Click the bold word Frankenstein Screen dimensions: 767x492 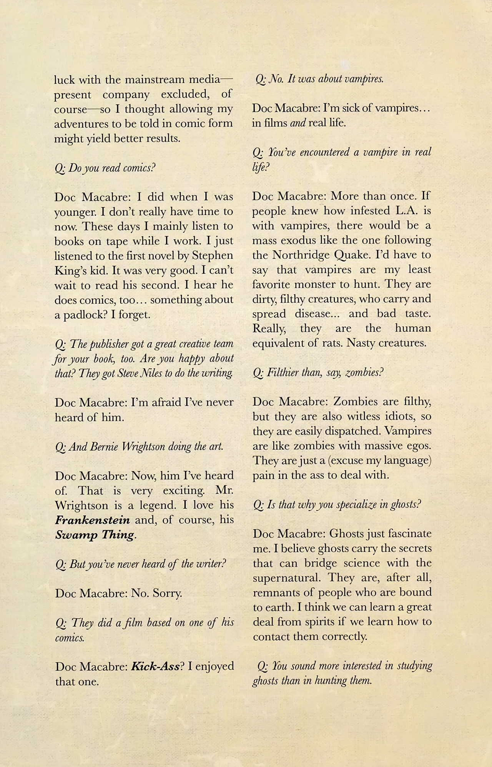92,520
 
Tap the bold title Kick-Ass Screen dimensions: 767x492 155,666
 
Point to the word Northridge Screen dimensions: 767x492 299,255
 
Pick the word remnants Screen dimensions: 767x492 274,592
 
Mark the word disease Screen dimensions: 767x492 312,314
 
